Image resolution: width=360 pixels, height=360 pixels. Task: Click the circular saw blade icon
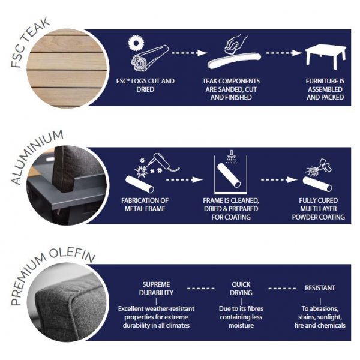point(136,43)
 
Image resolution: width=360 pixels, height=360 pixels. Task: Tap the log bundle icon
point(150,58)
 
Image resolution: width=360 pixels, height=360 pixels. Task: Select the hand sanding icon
point(235,44)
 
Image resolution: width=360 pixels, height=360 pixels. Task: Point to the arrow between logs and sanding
point(190,53)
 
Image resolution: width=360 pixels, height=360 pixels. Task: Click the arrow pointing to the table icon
point(284,53)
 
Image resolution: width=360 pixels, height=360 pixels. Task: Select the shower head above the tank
point(232,157)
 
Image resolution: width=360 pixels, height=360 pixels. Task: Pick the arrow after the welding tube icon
point(184,179)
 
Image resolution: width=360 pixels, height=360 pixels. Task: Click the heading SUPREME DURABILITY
point(156,289)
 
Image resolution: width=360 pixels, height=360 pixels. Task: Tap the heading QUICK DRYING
point(241,289)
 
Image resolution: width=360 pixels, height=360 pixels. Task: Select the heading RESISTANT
point(320,288)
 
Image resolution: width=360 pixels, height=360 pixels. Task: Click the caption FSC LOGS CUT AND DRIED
point(145,85)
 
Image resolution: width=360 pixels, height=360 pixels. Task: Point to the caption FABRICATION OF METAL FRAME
point(145,205)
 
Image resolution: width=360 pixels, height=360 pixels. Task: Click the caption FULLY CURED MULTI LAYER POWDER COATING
point(319,209)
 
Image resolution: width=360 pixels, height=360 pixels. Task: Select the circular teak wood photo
point(67,68)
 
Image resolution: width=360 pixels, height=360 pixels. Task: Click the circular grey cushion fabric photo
point(67,302)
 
